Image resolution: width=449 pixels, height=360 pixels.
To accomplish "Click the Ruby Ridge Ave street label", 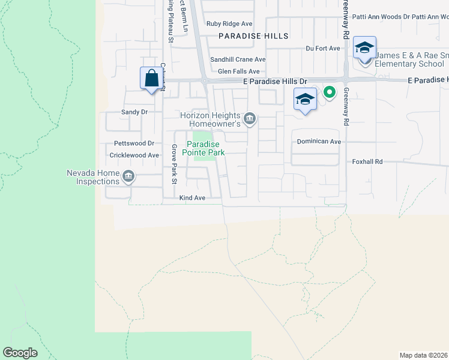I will pyautogui.click(x=229, y=24).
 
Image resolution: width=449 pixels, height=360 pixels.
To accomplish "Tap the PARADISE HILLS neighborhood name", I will pyautogui.click(x=253, y=36).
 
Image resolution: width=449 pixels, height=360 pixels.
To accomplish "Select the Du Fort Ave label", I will pyautogui.click(x=319, y=48).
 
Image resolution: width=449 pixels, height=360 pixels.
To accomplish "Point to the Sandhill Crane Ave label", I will pyautogui.click(x=238, y=59).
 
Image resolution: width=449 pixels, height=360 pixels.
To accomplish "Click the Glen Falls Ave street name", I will pyautogui.click(x=238, y=71).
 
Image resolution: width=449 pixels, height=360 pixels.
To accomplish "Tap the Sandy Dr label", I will pyautogui.click(x=134, y=112).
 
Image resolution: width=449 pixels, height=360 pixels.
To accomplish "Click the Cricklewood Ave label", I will pyautogui.click(x=134, y=155).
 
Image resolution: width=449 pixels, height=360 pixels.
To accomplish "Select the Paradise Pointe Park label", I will pyautogui.click(x=205, y=148).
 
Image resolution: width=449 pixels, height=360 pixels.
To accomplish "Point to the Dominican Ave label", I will pyautogui.click(x=319, y=142).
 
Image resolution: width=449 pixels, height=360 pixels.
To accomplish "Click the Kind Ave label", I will pyautogui.click(x=192, y=197).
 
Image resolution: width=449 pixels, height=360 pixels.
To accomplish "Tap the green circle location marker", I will pyautogui.click(x=329, y=92).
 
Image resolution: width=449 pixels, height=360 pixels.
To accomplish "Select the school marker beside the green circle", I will pyautogui.click(x=305, y=98).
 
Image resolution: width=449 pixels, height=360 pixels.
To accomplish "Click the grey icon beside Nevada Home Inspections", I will pyautogui.click(x=128, y=176).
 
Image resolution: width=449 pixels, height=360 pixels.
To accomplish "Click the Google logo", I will pyautogui.click(x=20, y=353).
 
